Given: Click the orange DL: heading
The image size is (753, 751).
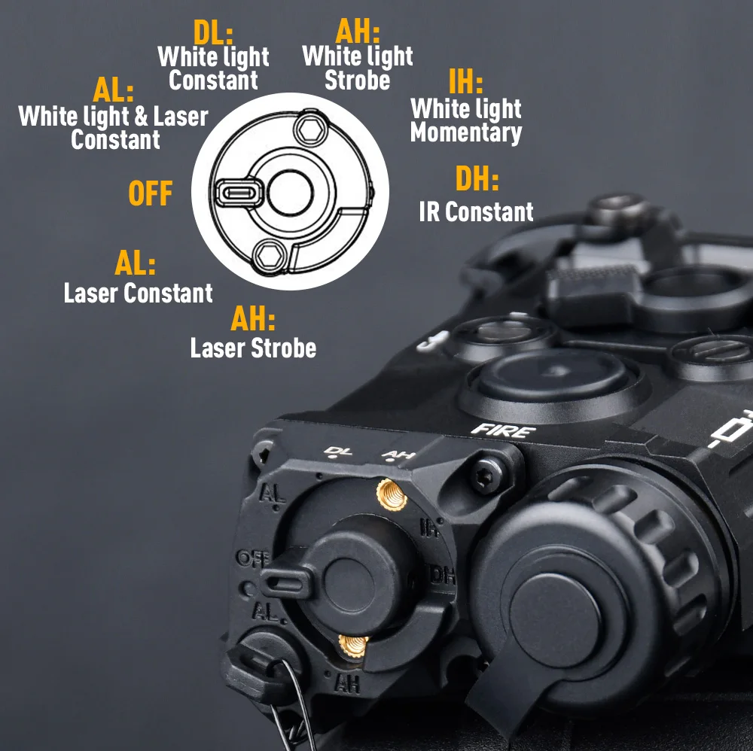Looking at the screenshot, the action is click(213, 33).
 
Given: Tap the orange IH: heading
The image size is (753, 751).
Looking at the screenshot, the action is click(465, 81).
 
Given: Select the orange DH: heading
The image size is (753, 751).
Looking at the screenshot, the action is click(477, 178).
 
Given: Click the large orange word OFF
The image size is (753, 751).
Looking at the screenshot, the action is click(151, 193).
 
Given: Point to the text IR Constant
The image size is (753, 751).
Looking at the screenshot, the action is click(476, 211).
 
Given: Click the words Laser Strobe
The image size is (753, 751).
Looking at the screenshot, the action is click(253, 348).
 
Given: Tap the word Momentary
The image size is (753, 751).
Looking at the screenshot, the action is click(466, 133).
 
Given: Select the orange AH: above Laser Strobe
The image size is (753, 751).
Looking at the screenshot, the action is click(253, 318).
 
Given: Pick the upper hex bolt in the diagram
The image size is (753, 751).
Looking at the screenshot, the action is click(311, 129).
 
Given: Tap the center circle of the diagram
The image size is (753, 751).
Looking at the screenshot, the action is click(291, 193).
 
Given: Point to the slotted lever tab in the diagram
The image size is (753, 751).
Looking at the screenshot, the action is click(239, 193).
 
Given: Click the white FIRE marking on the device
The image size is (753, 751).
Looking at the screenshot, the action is click(503, 430).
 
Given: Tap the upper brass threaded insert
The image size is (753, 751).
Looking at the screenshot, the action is click(392, 494).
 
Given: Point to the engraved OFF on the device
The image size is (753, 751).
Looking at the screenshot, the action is click(253, 558).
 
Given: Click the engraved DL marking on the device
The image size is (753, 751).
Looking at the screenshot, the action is click(338, 451).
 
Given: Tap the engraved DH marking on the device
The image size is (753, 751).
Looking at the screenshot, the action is click(441, 574).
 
